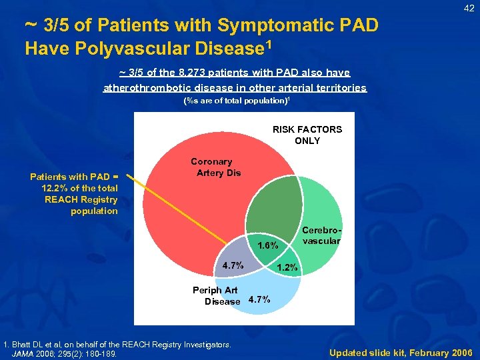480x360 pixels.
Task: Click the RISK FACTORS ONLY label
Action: point(307,135)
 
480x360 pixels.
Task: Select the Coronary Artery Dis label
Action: point(211,167)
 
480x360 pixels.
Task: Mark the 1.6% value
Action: point(267,246)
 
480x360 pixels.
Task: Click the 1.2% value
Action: point(289,267)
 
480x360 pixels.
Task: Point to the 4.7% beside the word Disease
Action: point(259,299)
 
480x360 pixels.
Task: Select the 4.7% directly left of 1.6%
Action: point(233,265)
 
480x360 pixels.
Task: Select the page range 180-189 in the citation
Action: point(102,353)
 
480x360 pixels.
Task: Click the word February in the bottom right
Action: point(419,352)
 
